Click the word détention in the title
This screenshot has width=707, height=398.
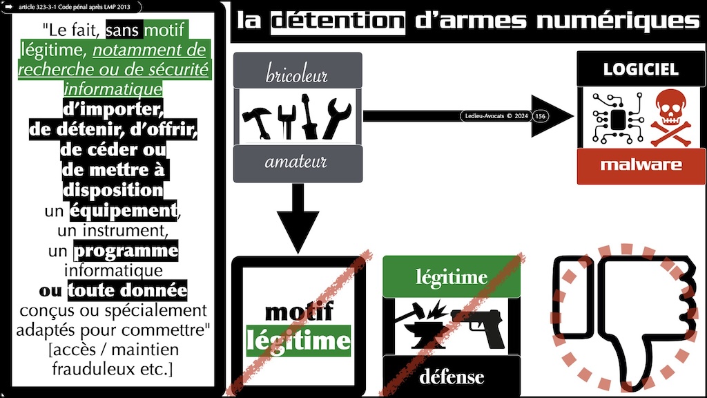click(x=337, y=21)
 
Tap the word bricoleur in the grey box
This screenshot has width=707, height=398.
click(x=297, y=74)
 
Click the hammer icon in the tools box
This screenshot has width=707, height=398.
click(x=259, y=118)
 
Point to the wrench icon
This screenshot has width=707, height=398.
click(x=338, y=118)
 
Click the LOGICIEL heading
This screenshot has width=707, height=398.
click(x=640, y=70)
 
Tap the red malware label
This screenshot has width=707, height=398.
click(x=641, y=164)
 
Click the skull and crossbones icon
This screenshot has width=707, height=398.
click(x=668, y=118)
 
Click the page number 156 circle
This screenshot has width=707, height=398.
click(x=540, y=116)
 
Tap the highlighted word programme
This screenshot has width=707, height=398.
click(x=126, y=249)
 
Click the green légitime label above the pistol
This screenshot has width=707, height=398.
click(x=451, y=278)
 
